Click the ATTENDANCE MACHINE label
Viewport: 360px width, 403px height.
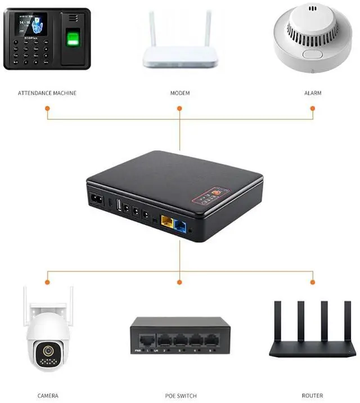tap(47, 93)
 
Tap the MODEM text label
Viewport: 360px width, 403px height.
tap(180, 93)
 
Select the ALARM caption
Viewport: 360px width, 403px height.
tap(313, 93)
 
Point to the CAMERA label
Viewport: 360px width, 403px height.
tap(47, 396)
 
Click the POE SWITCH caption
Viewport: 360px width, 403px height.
tap(180, 396)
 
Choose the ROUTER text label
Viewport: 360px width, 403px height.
tap(313, 396)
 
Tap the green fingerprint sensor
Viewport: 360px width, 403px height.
tap(74, 39)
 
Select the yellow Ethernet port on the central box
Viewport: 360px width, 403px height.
tap(166, 221)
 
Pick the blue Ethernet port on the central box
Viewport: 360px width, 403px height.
tap(181, 225)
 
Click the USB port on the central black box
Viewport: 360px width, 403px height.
tap(119, 207)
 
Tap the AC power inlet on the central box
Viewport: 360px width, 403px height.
tap(96, 199)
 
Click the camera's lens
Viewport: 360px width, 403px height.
tap(47, 351)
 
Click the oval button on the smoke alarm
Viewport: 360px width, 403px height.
tap(312, 55)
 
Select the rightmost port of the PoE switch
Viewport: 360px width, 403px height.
tap(211, 339)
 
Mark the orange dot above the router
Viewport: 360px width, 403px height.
tap(313, 280)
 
